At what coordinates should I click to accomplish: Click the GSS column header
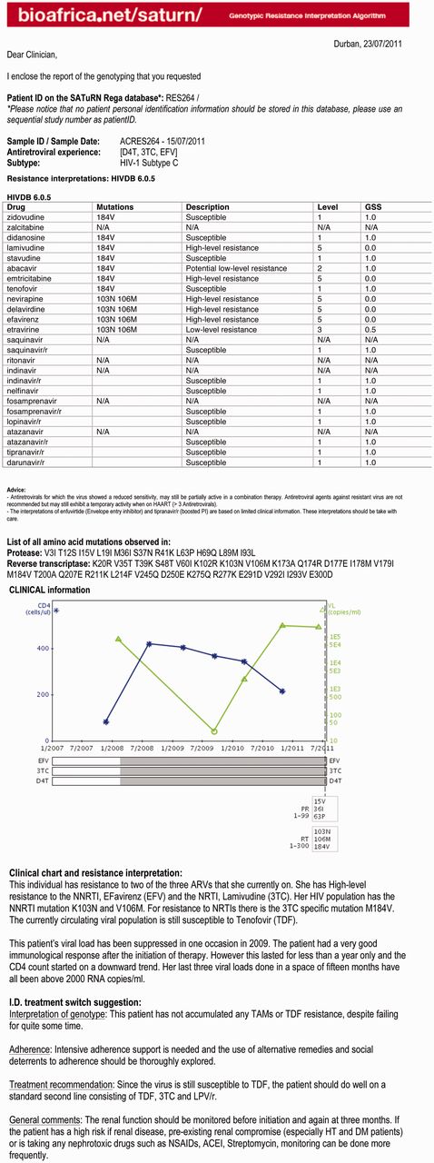coord(372,207)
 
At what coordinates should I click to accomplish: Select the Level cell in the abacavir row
coord(320,268)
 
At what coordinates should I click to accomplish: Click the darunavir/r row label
coord(26,462)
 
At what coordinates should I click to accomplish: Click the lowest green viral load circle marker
coord(214,731)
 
